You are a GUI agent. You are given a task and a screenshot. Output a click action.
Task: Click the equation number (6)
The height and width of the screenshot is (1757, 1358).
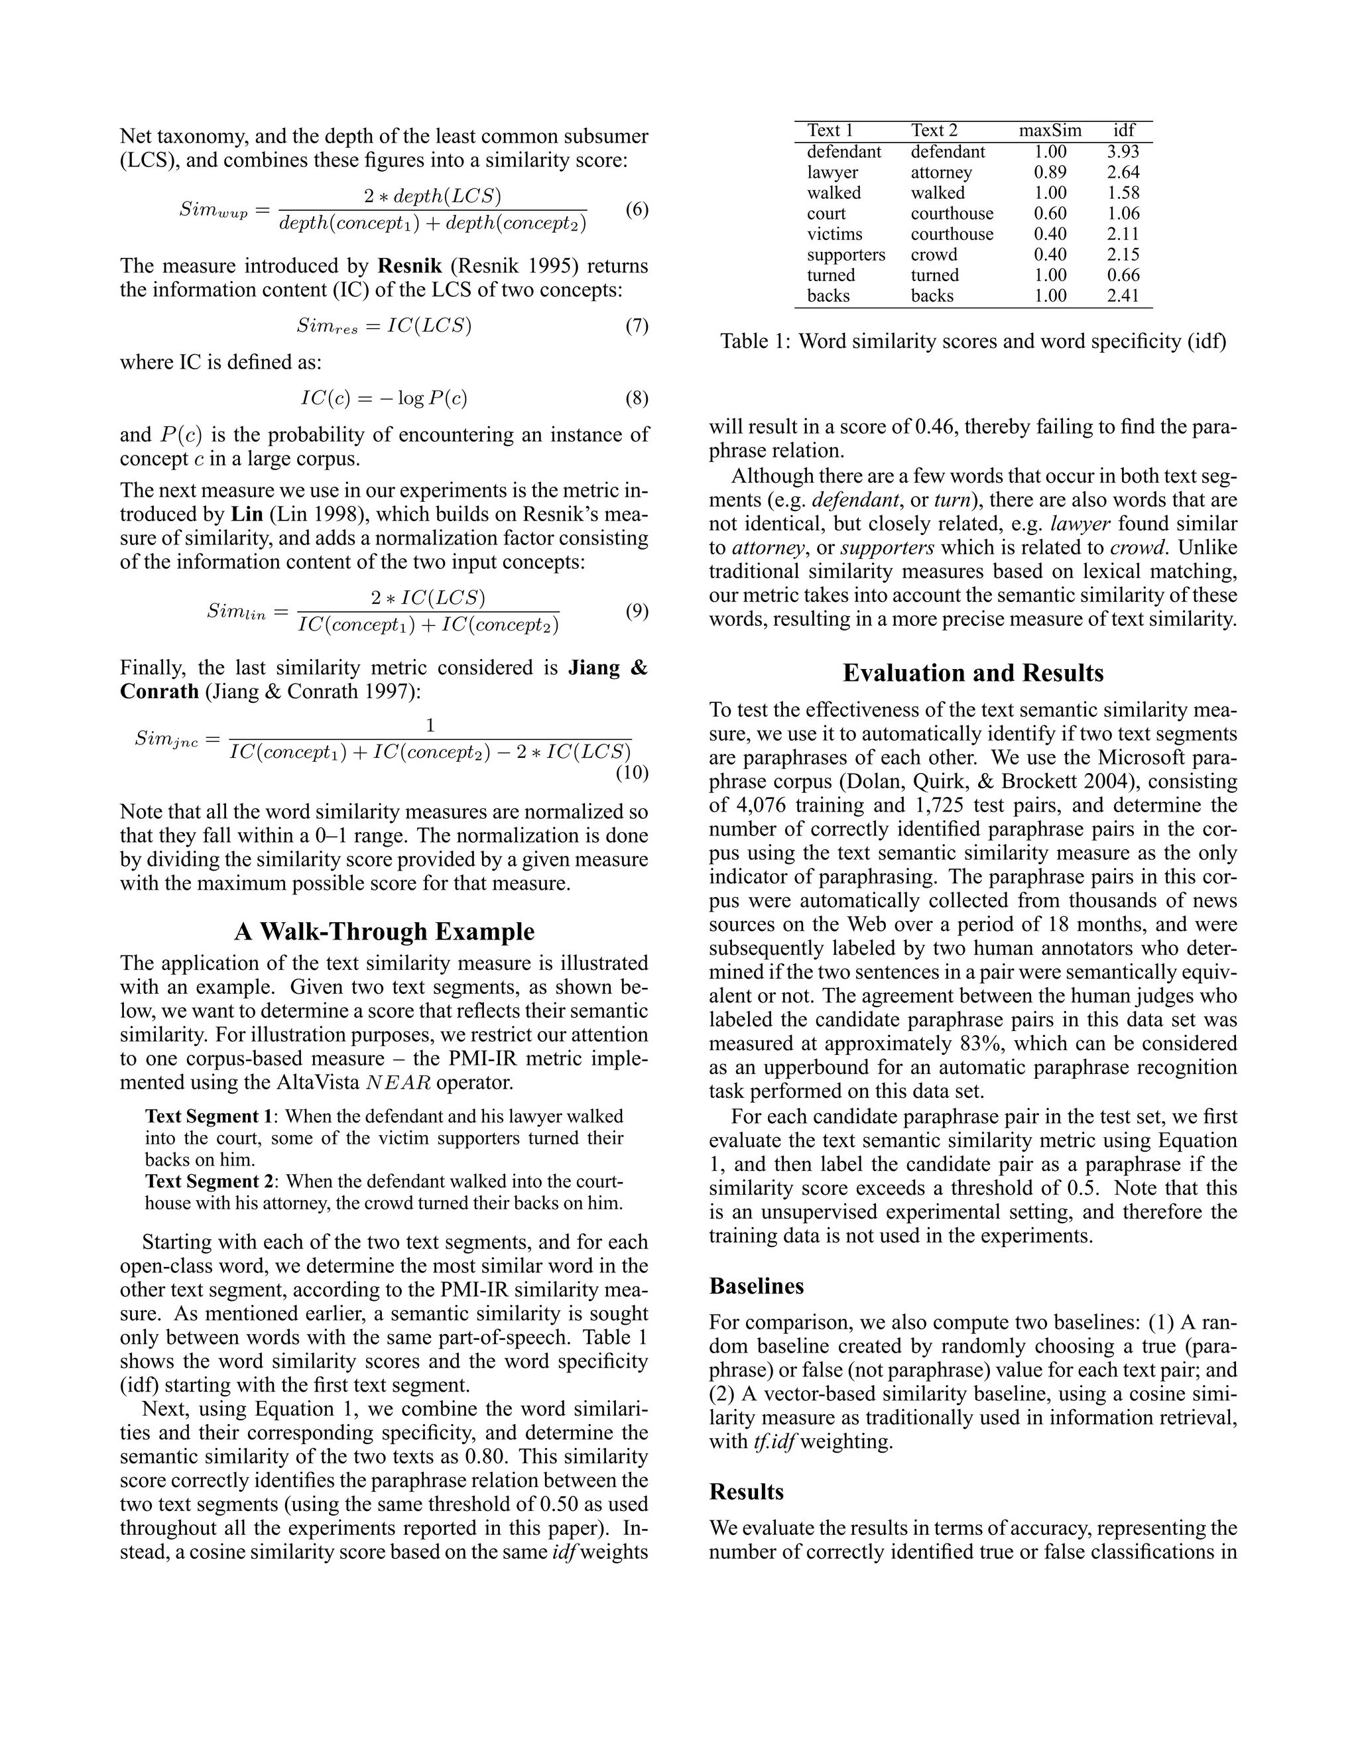coord(637,210)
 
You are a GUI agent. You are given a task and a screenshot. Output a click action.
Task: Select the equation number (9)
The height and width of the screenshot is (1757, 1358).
coord(637,611)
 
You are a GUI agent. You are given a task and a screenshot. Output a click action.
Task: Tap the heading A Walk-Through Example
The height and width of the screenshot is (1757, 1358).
coord(385,932)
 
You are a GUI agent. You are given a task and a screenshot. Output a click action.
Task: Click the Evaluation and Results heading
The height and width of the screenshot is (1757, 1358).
coord(973,672)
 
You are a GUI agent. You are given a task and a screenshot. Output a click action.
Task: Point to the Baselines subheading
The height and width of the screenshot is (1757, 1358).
coord(756,1286)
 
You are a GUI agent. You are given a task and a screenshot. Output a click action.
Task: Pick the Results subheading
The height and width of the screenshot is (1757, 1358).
coord(746,1492)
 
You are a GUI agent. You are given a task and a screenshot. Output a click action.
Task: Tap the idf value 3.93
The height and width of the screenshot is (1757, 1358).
coord(1123,151)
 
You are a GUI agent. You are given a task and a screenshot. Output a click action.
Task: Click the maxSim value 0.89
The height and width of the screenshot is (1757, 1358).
coord(1050,172)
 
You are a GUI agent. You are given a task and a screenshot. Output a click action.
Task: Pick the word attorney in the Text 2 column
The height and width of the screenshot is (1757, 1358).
coord(942,172)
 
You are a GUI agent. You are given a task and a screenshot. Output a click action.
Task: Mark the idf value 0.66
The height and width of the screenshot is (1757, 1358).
coord(1123,275)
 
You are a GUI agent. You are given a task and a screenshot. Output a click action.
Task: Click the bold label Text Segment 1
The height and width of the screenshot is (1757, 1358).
coord(209,1117)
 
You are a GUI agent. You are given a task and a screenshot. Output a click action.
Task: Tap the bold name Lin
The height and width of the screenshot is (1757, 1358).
coord(247,514)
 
